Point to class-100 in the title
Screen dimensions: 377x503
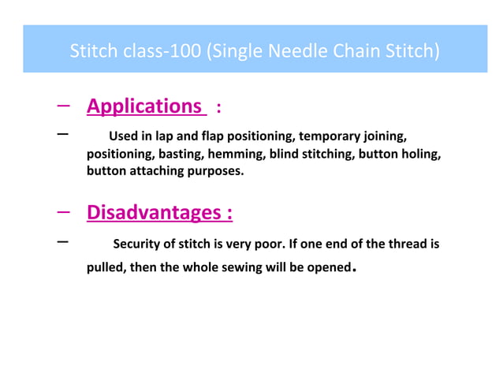164,52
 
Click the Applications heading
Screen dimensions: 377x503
143,106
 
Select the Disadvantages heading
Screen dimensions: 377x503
158,212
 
